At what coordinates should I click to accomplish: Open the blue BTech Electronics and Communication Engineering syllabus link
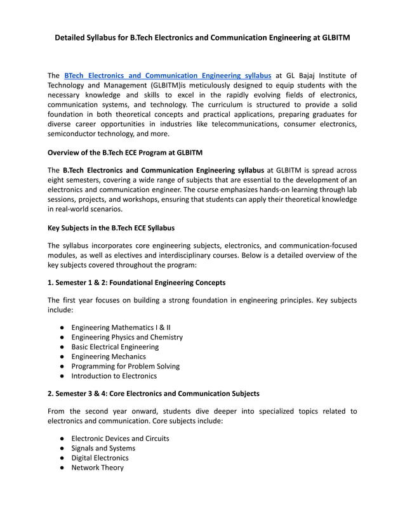(x=168, y=75)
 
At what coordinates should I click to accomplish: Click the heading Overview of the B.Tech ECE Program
(x=125, y=152)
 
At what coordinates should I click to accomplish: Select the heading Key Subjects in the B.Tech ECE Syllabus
(x=111, y=227)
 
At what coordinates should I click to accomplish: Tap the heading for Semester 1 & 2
(x=136, y=282)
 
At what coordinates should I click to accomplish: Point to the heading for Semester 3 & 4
(x=153, y=393)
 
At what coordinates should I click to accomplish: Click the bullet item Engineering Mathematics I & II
(x=121, y=327)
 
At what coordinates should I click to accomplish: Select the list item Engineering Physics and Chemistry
(x=127, y=337)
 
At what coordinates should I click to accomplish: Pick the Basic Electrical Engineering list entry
(x=115, y=347)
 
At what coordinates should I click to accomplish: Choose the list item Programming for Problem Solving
(x=125, y=366)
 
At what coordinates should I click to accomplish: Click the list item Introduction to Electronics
(x=114, y=376)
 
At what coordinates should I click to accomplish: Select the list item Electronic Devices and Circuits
(x=120, y=438)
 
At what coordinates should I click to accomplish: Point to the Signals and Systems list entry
(x=103, y=448)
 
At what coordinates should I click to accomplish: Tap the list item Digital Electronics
(x=100, y=457)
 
